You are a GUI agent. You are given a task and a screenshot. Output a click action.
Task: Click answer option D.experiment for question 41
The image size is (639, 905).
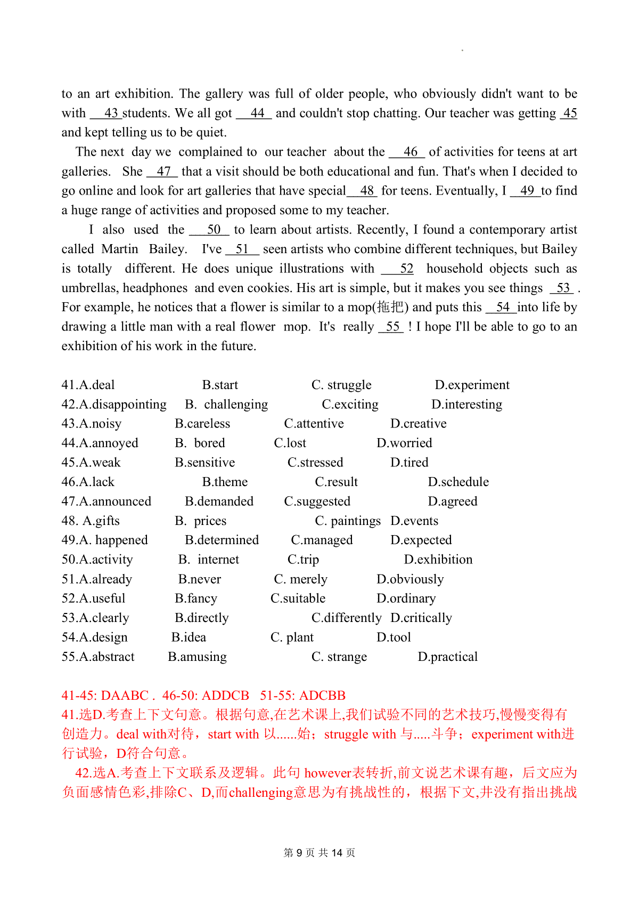coord(472,385)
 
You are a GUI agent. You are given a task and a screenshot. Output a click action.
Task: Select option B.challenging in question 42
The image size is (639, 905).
coord(227,405)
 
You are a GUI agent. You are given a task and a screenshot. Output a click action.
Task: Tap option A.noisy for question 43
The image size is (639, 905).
coord(92,424)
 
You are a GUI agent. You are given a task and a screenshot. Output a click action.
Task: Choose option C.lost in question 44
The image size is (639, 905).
coord(290,443)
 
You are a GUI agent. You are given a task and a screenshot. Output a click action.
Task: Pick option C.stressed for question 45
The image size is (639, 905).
coord(315,463)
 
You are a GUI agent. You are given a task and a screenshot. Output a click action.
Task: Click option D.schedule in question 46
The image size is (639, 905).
coord(458,482)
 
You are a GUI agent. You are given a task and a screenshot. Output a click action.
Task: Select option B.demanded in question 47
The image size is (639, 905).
coord(219,502)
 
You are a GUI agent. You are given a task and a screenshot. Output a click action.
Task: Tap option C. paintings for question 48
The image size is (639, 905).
coord(348,521)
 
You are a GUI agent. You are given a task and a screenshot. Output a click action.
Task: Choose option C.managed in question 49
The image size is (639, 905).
coord(322,540)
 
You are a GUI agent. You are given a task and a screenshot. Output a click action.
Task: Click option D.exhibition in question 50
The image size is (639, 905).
coord(438,560)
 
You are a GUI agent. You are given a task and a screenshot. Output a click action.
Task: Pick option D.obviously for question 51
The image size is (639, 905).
coord(409,579)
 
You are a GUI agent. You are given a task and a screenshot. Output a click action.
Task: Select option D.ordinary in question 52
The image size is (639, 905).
coord(406,599)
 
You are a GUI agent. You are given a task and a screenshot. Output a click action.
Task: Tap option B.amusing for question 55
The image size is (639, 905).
coord(197,657)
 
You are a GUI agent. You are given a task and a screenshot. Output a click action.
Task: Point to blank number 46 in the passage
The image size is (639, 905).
coord(407,152)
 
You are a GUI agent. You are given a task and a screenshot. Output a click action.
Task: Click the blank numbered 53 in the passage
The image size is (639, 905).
coord(562,288)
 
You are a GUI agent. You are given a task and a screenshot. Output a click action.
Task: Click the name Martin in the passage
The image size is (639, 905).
coord(120,249)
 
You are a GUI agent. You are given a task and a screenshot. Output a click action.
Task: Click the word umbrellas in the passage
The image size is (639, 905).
coord(90,288)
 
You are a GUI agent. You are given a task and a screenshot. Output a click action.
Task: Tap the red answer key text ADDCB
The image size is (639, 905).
coord(226,696)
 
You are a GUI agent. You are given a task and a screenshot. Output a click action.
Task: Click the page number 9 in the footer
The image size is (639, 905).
coord(314,853)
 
